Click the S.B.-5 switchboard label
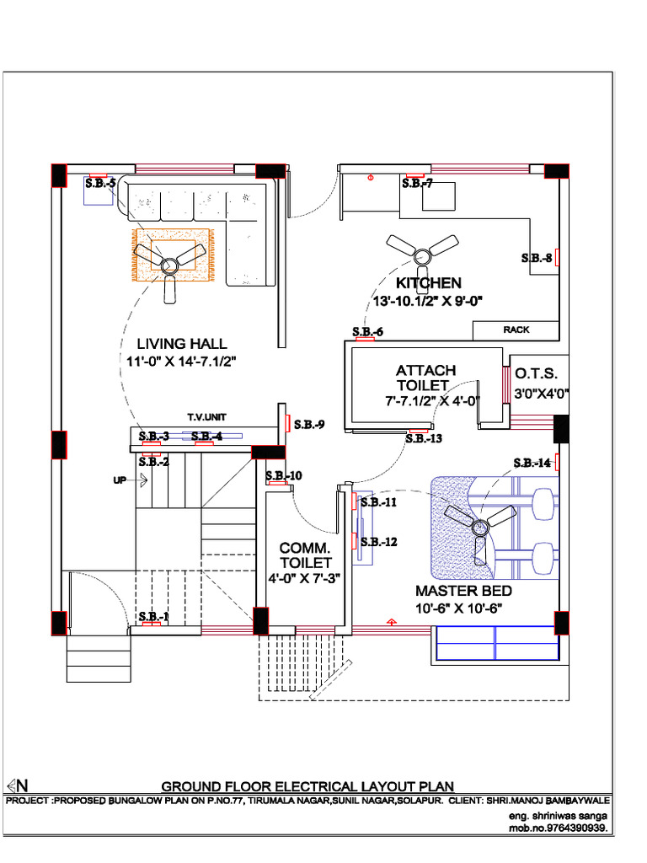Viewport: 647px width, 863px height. pyautogui.click(x=100, y=183)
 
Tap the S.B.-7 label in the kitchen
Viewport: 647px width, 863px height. pyautogui.click(x=417, y=183)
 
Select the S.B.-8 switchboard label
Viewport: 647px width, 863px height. pyautogui.click(x=536, y=258)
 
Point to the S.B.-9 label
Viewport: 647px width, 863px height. pyautogui.click(x=309, y=425)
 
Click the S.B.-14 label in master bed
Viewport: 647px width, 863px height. pyautogui.click(x=532, y=463)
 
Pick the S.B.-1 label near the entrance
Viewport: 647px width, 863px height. pyautogui.click(x=153, y=616)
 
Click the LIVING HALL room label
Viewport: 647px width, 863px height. pyautogui.click(x=182, y=344)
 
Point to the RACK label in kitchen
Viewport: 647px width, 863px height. pyautogui.click(x=516, y=330)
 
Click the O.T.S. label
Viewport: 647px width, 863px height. pyautogui.click(x=537, y=373)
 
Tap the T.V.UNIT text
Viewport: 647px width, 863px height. pyautogui.click(x=207, y=417)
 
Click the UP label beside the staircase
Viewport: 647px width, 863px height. pyautogui.click(x=120, y=480)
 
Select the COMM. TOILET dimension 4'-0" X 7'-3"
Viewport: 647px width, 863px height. pyautogui.click(x=306, y=579)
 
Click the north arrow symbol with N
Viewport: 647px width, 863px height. pyautogui.click(x=19, y=784)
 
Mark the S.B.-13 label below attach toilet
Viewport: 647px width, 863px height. pyautogui.click(x=424, y=438)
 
